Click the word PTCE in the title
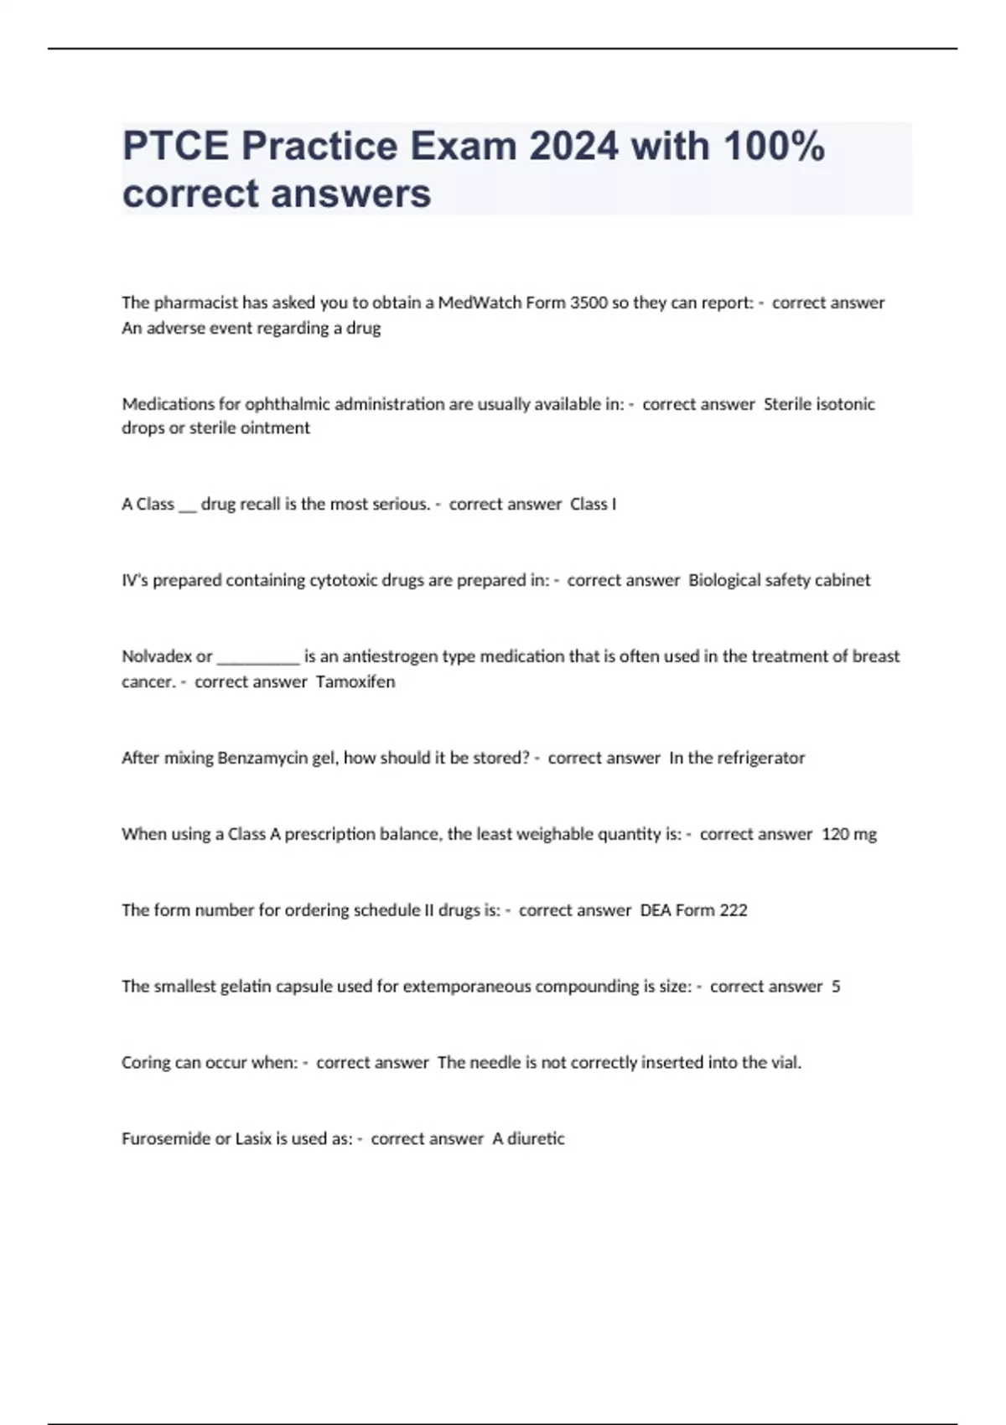[x=175, y=146]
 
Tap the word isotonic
[x=847, y=404]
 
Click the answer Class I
[x=593, y=504]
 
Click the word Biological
[x=724, y=580]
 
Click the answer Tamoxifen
[x=355, y=681]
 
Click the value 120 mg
[x=849, y=834]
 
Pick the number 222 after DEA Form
[x=733, y=910]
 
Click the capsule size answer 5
[x=836, y=987]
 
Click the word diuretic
[x=536, y=1138]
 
